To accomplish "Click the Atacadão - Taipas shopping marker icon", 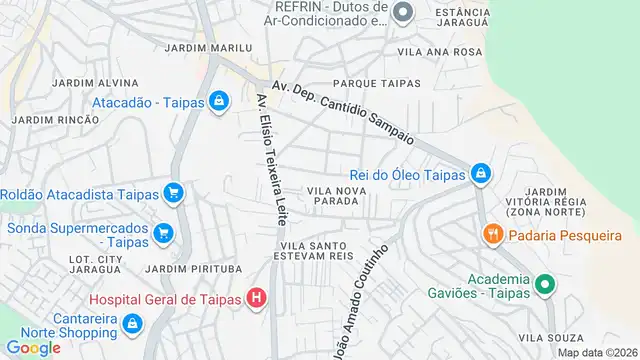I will pyautogui.click(x=218, y=101).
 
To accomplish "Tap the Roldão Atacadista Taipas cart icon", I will pyautogui.click(x=173, y=192).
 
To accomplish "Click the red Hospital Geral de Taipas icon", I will pyautogui.click(x=257, y=298).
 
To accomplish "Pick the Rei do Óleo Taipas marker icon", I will pyautogui.click(x=480, y=174).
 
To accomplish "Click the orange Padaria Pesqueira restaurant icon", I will pyautogui.click(x=492, y=235).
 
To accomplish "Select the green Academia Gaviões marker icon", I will pyautogui.click(x=545, y=285).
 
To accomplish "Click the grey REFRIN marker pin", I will pyautogui.click(x=403, y=13).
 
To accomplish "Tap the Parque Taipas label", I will pyautogui.click(x=376, y=83).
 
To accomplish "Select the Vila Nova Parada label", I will pyautogui.click(x=333, y=195).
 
